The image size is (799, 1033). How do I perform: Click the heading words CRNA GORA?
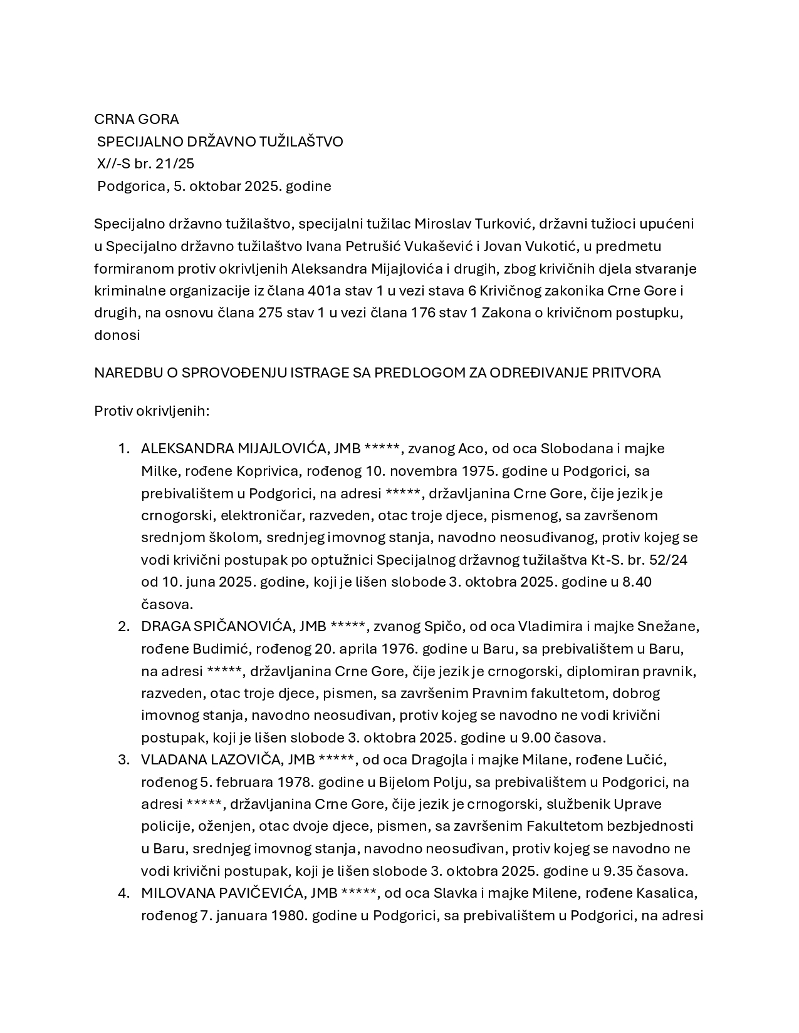(x=136, y=119)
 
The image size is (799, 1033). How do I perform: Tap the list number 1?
(x=123, y=448)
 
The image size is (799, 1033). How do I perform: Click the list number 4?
(x=123, y=893)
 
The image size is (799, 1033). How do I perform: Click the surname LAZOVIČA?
(x=243, y=759)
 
